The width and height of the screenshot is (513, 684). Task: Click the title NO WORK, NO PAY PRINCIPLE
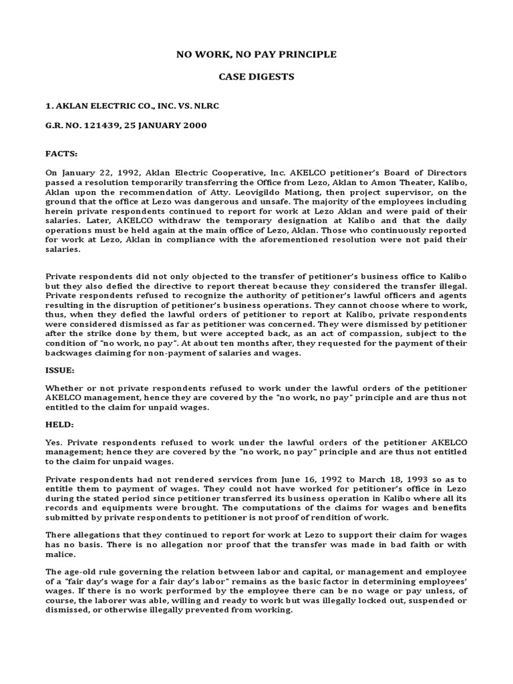pos(256,53)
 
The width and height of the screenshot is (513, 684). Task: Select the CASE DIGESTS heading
pos(256,77)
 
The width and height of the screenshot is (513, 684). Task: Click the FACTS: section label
pos(62,153)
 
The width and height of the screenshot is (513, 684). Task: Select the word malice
pos(61,554)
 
